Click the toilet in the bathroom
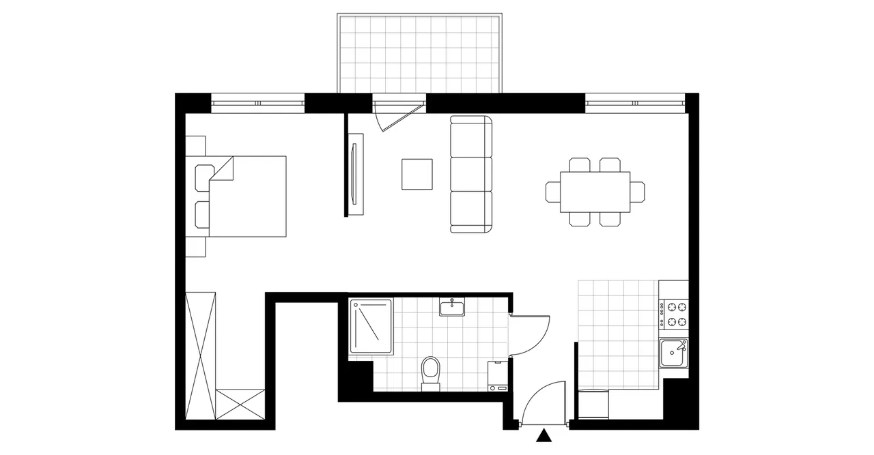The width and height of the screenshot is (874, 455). coord(430,372)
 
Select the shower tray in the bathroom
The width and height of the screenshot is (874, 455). coord(371,327)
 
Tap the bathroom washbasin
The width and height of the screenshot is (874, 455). coord(452,308)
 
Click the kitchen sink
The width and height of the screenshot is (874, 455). coord(674,353)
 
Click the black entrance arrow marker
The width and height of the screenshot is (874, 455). coord(544,435)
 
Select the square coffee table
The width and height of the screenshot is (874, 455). coord(417,174)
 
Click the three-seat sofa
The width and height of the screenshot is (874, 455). coord(471,174)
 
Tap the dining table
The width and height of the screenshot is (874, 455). coord(595,192)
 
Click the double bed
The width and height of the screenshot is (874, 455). coord(246,196)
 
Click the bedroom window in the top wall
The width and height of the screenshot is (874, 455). coord(257,104)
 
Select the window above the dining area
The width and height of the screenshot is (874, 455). coord(634,104)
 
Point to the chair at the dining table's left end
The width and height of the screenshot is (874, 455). coord(552,192)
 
